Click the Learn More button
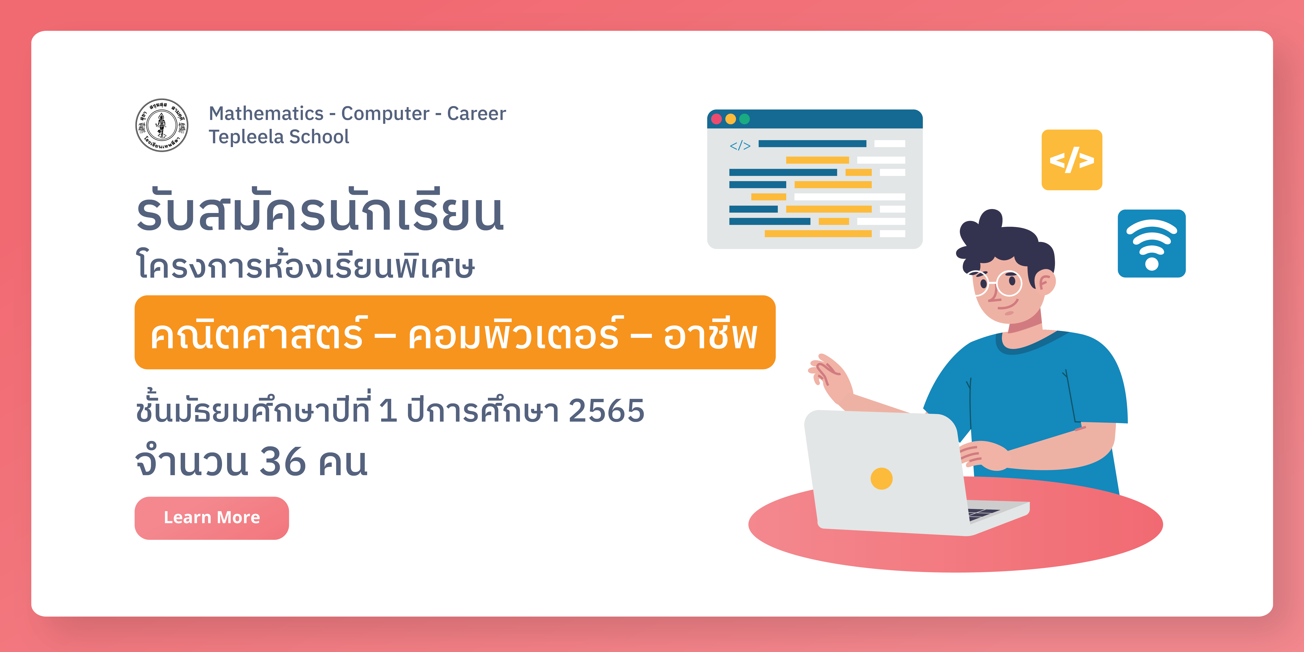click(x=212, y=518)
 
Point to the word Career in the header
click(x=476, y=113)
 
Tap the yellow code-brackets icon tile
click(x=1072, y=160)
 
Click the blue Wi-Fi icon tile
click(x=1152, y=243)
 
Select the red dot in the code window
click(x=716, y=119)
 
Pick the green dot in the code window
click(x=744, y=119)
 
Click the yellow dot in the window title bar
click(x=730, y=119)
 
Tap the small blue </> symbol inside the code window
click(x=740, y=146)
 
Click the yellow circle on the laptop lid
click(x=881, y=478)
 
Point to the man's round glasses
click(x=996, y=283)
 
